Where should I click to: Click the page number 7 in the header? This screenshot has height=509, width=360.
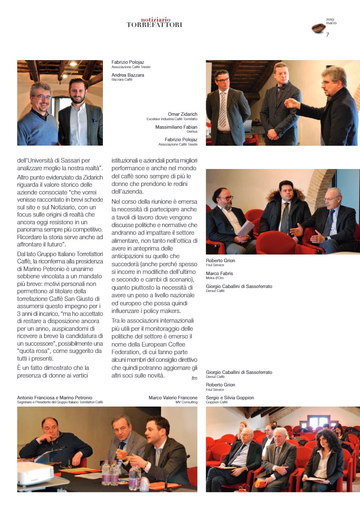coord(327,35)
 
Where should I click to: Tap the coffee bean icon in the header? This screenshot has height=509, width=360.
coord(318,28)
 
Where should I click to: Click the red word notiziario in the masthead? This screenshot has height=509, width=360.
coord(156,19)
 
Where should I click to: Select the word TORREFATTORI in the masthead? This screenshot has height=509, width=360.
coord(154,25)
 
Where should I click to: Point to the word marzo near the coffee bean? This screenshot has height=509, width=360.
coord(331,23)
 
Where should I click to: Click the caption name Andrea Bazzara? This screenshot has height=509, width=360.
coord(128,75)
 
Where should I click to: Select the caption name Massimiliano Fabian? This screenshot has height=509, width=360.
coord(176,127)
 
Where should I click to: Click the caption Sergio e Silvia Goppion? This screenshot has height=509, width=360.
coord(230,398)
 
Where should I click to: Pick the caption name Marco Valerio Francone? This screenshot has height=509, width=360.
coord(173,398)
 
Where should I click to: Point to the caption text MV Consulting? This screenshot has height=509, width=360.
coord(186,402)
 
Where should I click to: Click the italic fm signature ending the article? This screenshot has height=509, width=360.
coord(194,378)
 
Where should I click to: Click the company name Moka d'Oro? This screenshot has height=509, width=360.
coord(215,278)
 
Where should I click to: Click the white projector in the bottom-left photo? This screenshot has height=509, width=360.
coord(35,472)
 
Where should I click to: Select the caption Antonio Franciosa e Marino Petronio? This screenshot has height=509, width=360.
coord(54,398)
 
